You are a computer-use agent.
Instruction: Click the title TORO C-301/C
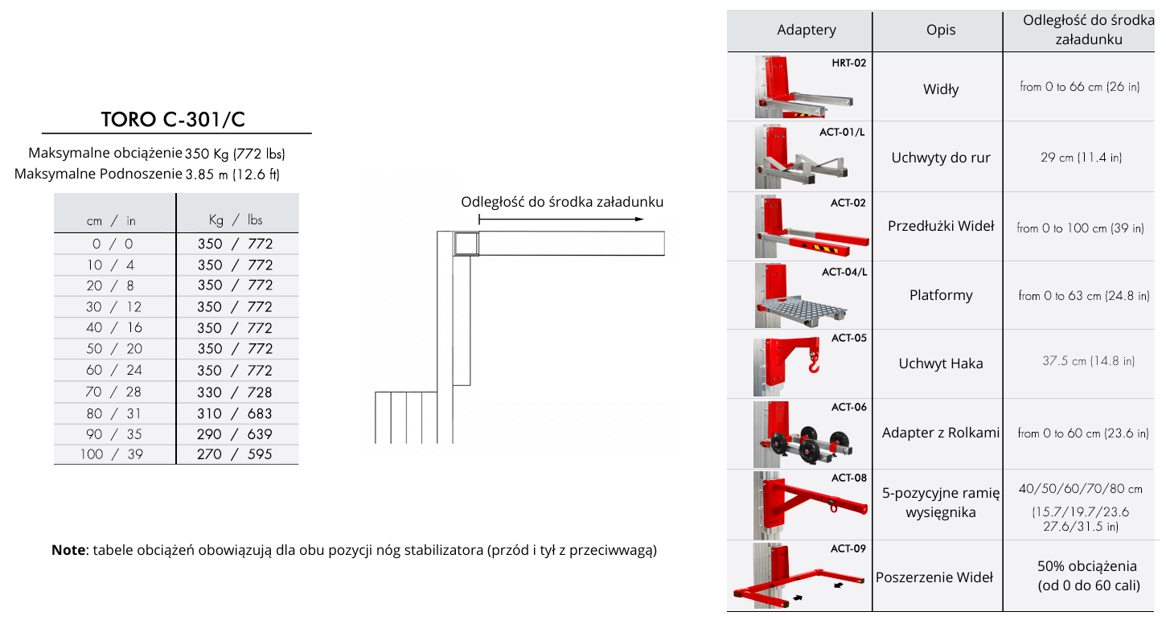coord(173,119)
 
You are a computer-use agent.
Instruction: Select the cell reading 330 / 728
coord(235,392)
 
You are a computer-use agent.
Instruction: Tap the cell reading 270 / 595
coord(235,454)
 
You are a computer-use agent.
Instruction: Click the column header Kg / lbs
coord(236,220)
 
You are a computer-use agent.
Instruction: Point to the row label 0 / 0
coord(113,244)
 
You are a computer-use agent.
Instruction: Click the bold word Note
coord(68,550)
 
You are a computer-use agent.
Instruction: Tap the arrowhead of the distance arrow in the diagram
coord(640,220)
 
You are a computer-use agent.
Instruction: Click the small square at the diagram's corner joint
coord(466,243)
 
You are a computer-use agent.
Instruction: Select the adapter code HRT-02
coord(848,63)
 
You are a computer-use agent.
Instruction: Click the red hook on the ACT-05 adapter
coord(813,362)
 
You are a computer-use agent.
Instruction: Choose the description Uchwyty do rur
coord(941,158)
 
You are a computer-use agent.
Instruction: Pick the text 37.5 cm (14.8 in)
coord(1088,361)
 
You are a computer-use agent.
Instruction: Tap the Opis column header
coord(941,30)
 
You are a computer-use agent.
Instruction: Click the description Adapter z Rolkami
coord(941,433)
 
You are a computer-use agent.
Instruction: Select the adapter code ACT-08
coord(848,478)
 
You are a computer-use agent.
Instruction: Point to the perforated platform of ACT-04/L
coord(804,308)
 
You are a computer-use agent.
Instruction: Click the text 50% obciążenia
coord(1087,566)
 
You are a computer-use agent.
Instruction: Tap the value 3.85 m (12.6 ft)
coord(232,175)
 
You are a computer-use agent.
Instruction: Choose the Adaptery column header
coord(807,30)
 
